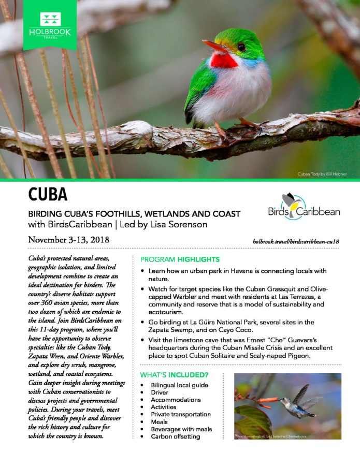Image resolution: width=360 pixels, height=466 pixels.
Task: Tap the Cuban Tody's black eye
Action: tap(241, 47)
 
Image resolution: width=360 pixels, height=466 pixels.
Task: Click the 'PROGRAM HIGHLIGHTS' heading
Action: tap(180, 259)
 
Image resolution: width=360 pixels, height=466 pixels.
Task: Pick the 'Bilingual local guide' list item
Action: tap(179, 385)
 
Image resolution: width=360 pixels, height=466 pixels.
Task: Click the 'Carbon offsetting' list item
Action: tap(176, 436)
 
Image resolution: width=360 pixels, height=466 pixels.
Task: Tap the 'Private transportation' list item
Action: tap(181, 414)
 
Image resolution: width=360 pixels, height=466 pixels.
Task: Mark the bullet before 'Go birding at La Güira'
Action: tap(142, 322)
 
